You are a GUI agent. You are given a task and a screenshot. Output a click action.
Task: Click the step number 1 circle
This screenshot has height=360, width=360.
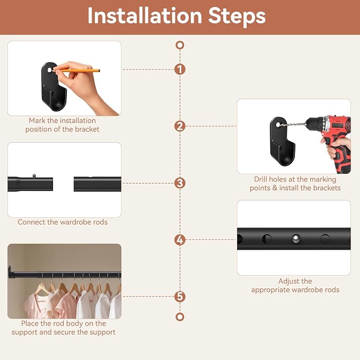pyautogui.click(x=180, y=69)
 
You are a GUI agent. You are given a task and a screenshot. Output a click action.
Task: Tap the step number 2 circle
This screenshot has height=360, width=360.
pyautogui.click(x=180, y=126)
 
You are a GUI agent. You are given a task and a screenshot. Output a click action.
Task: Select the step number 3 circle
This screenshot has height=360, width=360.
pyautogui.click(x=180, y=183)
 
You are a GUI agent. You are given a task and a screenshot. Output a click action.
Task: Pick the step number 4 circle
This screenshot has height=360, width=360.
pyautogui.click(x=180, y=240)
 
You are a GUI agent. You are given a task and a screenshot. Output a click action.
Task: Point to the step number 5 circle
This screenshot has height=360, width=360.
pyautogui.click(x=180, y=296)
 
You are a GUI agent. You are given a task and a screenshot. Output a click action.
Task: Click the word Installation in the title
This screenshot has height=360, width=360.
pyautogui.click(x=145, y=15)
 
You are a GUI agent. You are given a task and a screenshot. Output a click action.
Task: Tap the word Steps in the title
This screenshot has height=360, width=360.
pyautogui.click(x=237, y=16)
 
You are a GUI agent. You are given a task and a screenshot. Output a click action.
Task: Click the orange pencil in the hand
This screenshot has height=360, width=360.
pyautogui.click(x=77, y=71)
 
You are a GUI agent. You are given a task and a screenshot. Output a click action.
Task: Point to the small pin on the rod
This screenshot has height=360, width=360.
pyautogui.click(x=34, y=176)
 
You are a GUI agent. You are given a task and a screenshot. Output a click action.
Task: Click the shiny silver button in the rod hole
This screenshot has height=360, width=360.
pyautogui.click(x=296, y=239)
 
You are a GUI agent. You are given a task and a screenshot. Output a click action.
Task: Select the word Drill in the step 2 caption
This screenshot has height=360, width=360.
pyautogui.click(x=260, y=179)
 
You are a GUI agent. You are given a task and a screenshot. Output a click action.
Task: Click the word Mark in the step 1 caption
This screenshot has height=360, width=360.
pyautogui.click(x=37, y=120)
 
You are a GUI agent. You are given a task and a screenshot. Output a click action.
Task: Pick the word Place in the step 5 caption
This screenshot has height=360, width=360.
pyautogui.click(x=30, y=323)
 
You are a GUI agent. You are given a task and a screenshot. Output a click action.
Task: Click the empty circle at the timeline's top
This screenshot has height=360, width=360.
pyautogui.click(x=180, y=45)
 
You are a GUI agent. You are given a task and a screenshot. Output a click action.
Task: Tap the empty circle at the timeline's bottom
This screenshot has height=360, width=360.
pyautogui.click(x=180, y=317)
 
